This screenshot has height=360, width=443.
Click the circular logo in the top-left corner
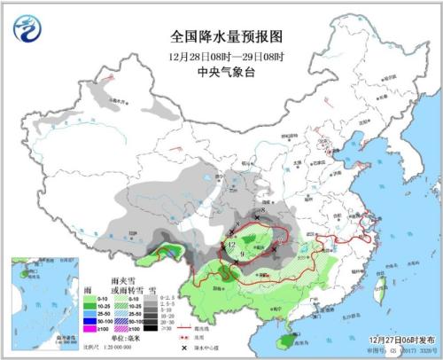tap(27, 30)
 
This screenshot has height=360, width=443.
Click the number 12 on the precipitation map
tap(231, 242)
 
